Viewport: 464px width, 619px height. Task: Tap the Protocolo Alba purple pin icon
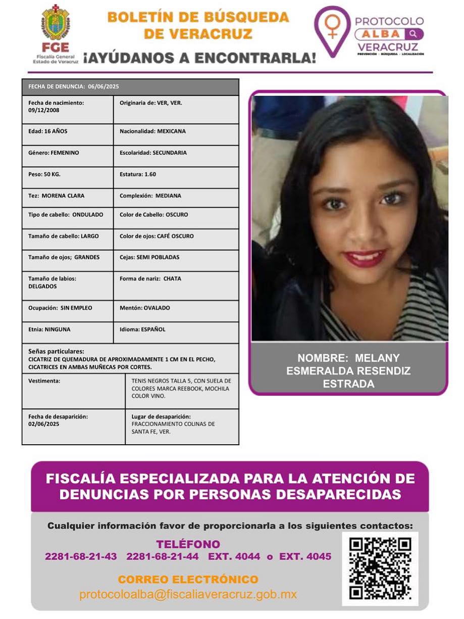tap(332, 30)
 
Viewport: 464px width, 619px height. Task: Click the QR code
tap(380, 568)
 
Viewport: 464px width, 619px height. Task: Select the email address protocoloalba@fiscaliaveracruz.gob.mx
tap(188, 595)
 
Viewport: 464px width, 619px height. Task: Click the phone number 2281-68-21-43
tap(81, 557)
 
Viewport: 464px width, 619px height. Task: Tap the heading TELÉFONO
tap(188, 544)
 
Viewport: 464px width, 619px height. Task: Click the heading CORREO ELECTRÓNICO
tap(188, 580)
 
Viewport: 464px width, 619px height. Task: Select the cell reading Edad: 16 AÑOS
tap(68, 134)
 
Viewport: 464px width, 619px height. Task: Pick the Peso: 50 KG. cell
tap(68, 177)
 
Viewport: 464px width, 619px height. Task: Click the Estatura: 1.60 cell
tap(176, 177)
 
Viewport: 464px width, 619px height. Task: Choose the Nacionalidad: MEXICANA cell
tap(176, 134)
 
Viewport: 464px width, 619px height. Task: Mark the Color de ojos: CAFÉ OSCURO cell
tap(176, 239)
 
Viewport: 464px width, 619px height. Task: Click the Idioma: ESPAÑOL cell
tap(176, 332)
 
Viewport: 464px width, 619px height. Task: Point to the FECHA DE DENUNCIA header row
tap(130, 86)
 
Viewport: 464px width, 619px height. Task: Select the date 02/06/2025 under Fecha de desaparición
tap(44, 424)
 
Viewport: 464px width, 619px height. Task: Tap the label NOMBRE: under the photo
tap(323, 358)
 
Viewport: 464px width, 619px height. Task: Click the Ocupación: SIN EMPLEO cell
tap(68, 311)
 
